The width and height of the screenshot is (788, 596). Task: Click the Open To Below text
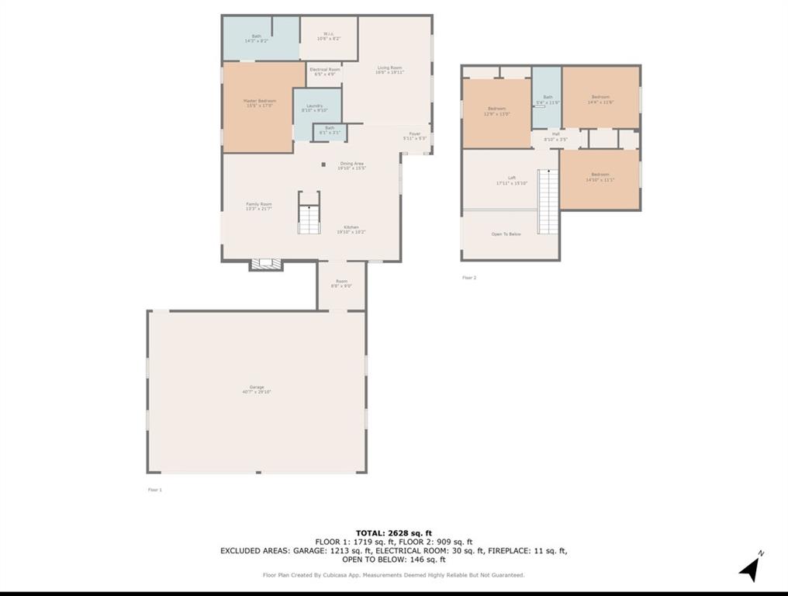click(x=506, y=234)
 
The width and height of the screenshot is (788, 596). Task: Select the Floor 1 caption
click(x=155, y=490)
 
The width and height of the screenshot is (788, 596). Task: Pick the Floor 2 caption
click(x=469, y=277)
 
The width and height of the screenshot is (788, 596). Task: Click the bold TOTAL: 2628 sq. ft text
click(x=394, y=532)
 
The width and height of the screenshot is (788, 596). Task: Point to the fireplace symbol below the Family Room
click(x=266, y=265)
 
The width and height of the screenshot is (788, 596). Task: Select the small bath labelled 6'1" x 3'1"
click(x=330, y=130)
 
